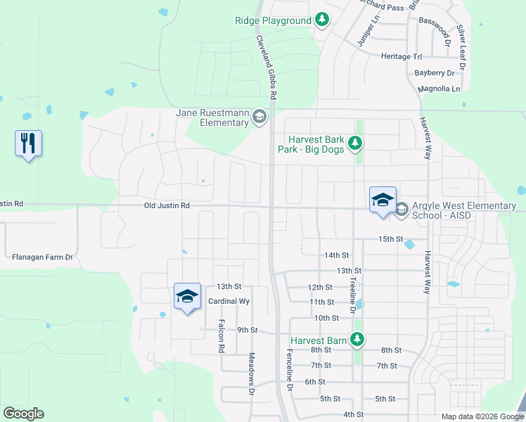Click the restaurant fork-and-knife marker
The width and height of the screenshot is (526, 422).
pyautogui.click(x=28, y=143)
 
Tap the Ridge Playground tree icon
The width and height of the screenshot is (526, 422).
pyautogui.click(x=322, y=20)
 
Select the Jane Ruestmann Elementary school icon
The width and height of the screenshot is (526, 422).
pyautogui.click(x=259, y=117)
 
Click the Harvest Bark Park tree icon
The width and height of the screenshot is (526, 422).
pyautogui.click(x=356, y=143)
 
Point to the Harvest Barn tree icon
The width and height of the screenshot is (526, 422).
pyautogui.click(x=357, y=340)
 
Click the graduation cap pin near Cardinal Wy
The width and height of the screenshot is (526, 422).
pyautogui.click(x=187, y=296)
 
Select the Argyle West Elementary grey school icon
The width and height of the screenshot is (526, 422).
pyautogui.click(x=402, y=210)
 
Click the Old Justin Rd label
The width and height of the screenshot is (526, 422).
pyautogui.click(x=167, y=205)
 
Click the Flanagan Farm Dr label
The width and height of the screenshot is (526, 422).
pyautogui.click(x=42, y=257)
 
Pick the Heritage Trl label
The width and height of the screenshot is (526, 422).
pyautogui.click(x=401, y=56)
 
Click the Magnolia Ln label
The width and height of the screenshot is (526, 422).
pyautogui.click(x=438, y=89)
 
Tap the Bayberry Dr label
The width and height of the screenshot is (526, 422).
pyautogui.click(x=434, y=72)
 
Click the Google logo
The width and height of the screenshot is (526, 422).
pyautogui.click(x=23, y=414)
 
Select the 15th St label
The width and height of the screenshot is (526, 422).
pyautogui.click(x=390, y=239)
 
